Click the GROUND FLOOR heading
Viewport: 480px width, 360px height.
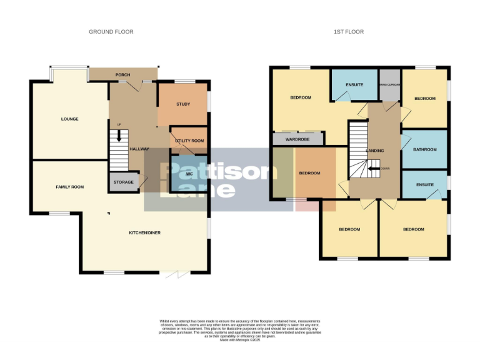point(111,32)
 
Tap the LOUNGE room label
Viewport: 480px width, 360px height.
point(69,119)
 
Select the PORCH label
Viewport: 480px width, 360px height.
point(122,75)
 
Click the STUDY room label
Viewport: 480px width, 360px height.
point(182,104)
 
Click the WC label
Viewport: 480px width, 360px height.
point(188,174)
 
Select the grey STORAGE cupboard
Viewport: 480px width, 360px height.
point(123,182)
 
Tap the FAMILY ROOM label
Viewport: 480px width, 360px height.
point(69,187)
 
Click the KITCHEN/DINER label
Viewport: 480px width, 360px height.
point(145,232)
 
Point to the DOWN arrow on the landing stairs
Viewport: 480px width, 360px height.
point(376,168)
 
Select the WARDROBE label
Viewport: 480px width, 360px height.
point(298,139)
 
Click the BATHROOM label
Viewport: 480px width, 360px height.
point(424,149)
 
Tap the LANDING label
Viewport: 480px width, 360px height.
point(374,151)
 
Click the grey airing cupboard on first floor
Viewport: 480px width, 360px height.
point(389,86)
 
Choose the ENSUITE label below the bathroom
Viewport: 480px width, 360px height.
point(424,185)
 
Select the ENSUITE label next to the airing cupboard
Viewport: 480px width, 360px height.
point(354,84)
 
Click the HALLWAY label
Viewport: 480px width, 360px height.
point(139,149)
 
